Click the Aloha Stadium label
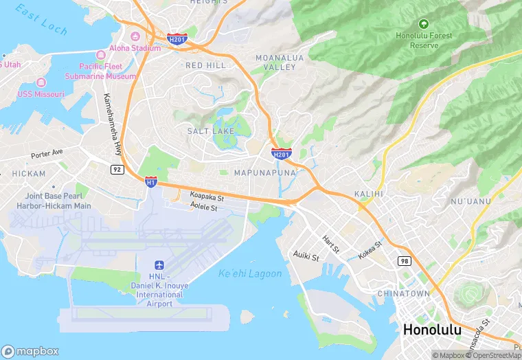click(135, 48)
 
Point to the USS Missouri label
click(40, 94)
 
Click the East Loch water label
click(42, 21)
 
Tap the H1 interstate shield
click(151, 181)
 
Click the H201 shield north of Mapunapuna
click(281, 153)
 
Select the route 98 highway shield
click(405, 260)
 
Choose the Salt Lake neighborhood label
click(211, 131)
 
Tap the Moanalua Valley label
click(275, 63)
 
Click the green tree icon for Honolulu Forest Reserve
click(423, 24)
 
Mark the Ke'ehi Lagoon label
click(250, 273)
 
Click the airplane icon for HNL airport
click(159, 265)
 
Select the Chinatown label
click(403, 293)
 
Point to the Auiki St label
click(306, 257)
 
